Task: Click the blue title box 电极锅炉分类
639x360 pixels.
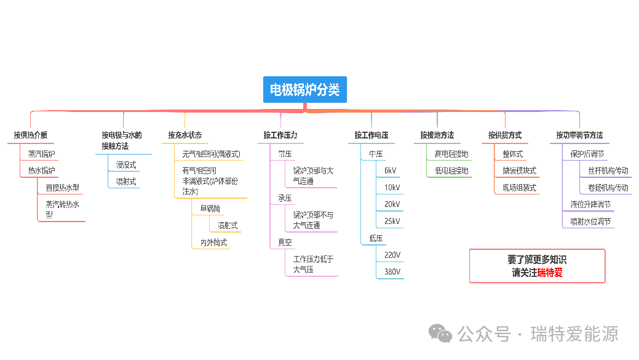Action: click(305, 90)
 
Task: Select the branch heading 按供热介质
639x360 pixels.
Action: click(31, 135)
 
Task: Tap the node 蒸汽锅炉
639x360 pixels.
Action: click(41, 154)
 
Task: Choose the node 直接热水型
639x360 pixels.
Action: click(62, 188)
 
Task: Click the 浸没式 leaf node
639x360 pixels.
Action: click(126, 165)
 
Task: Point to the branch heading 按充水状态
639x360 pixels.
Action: click(185, 135)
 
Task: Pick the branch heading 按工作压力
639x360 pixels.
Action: click(280, 135)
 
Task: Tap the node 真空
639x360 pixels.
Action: click(285, 242)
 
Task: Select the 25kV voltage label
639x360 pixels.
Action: click(392, 221)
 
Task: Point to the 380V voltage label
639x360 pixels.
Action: click(392, 271)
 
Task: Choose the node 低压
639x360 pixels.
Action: click(376, 238)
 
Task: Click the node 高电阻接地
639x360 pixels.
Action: click(451, 154)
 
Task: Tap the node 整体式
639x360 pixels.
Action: click(512, 154)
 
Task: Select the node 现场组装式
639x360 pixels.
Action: click(519, 188)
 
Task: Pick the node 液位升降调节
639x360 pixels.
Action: click(590, 204)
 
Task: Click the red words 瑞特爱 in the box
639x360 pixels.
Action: click(550, 272)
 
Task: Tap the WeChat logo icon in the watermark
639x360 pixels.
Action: click(440, 334)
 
